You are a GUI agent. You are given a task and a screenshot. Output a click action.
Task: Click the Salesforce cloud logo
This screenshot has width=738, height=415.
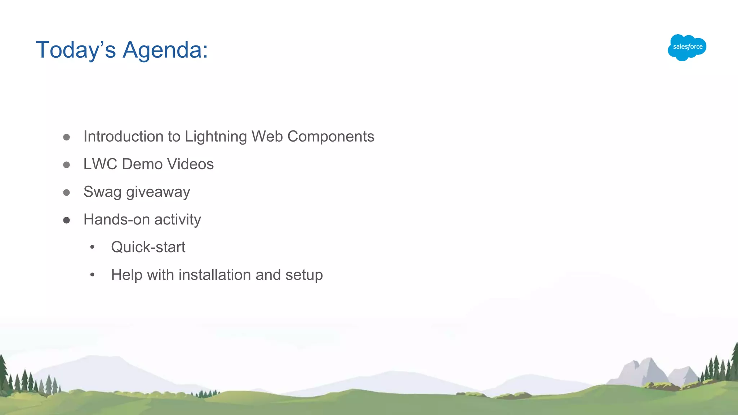(x=687, y=47)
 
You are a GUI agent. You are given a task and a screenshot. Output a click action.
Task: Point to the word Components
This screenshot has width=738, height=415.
(x=330, y=137)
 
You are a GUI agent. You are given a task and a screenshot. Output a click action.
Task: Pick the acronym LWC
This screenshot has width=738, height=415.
(x=100, y=164)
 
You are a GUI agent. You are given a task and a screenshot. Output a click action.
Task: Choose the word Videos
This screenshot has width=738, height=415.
(x=190, y=164)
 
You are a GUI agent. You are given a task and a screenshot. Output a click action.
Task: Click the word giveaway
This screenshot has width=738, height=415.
(x=158, y=192)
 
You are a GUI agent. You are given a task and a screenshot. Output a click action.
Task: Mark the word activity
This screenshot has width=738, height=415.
(x=178, y=219)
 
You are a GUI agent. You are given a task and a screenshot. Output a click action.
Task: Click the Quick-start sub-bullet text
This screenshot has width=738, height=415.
(x=148, y=247)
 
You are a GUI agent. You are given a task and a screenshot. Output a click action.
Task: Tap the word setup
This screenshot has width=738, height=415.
(x=304, y=275)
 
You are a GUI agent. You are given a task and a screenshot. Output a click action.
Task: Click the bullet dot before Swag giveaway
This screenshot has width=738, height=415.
(x=66, y=192)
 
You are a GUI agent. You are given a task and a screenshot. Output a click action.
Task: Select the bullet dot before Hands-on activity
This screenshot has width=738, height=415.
(x=66, y=220)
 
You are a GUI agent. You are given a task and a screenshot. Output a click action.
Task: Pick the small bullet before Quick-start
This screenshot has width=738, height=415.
(x=92, y=247)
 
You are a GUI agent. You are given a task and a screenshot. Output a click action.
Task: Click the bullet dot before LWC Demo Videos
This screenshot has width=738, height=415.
(x=66, y=165)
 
